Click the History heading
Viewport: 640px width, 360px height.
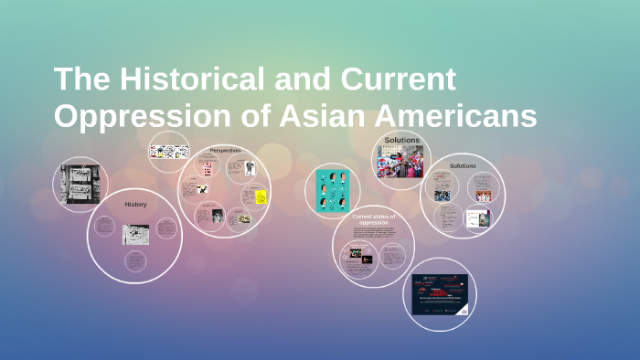pos(135,205)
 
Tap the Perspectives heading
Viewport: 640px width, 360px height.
pos(225,151)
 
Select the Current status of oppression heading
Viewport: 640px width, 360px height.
pos(374,219)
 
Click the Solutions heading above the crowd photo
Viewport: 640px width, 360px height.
pos(402,140)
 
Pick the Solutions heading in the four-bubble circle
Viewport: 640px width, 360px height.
pos(463,165)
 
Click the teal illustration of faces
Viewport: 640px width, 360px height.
pos(333,192)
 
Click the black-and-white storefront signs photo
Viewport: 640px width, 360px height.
pos(80,183)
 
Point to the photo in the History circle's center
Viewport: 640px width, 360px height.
pos(135,234)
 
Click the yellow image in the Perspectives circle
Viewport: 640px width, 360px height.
pos(261,196)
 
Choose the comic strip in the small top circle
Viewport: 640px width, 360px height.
pos(168,151)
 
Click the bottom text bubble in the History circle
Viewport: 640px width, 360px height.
pos(135,261)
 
